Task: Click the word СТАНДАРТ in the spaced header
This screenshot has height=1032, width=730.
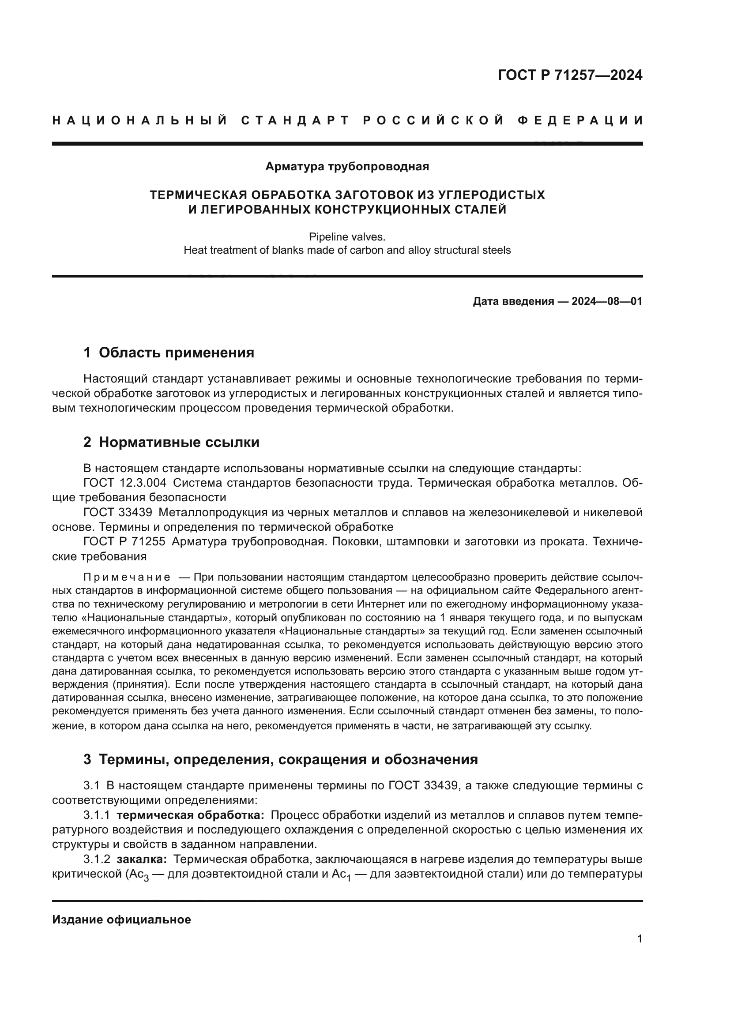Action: pos(295,120)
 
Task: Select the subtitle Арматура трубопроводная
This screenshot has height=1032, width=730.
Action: pos(347,167)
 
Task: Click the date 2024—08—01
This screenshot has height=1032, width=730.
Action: pos(607,302)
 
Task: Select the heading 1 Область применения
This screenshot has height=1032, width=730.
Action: pos(169,353)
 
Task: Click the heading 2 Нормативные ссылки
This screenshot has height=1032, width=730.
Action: pos(171,442)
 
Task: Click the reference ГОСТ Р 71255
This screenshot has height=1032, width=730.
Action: pos(124,542)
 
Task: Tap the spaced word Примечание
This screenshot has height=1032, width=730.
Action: pos(127,577)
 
